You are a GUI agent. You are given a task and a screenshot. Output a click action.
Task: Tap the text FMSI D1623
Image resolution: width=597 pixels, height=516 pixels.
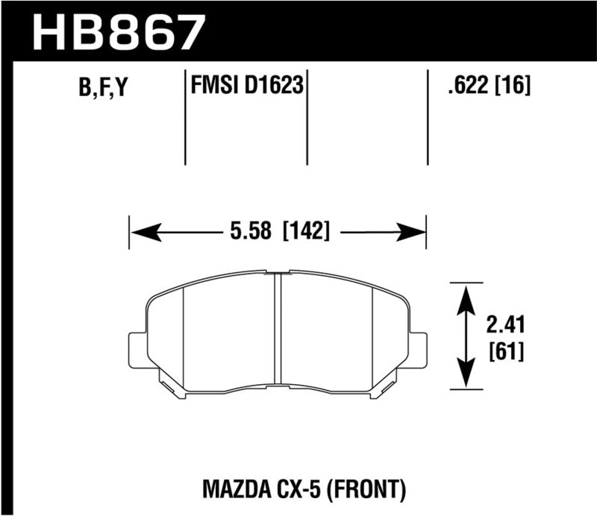coord(246,87)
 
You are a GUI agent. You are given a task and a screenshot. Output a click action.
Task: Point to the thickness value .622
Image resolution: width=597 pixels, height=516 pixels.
coord(462,87)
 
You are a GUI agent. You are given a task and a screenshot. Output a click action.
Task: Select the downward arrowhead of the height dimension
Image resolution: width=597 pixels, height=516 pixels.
coord(466,377)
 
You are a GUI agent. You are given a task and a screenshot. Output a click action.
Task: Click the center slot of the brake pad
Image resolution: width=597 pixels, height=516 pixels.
coord(278,328)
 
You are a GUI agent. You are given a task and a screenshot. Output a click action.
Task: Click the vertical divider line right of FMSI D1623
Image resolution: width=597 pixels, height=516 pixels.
coord(308,119)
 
